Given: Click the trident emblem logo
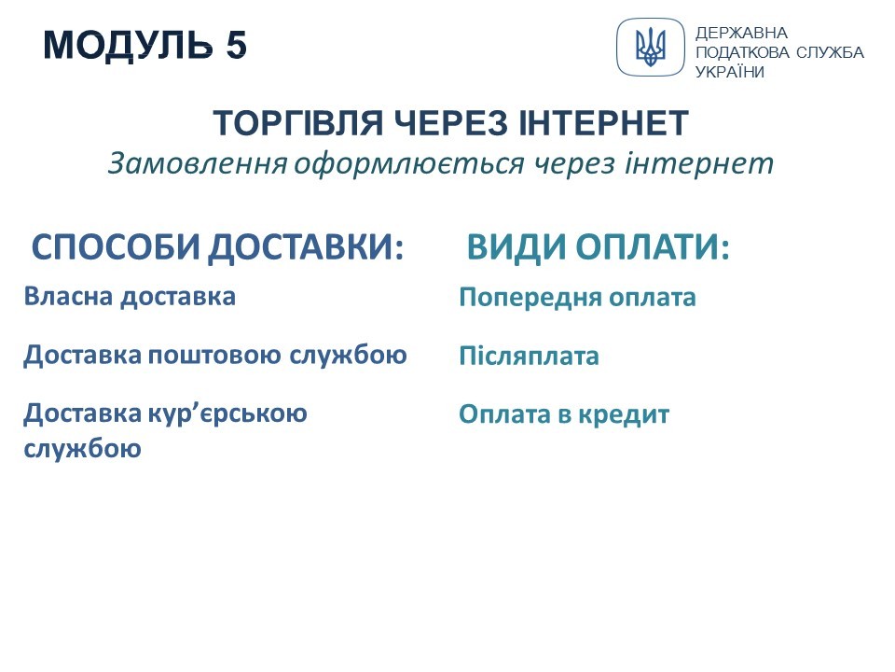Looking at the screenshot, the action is (x=650, y=47).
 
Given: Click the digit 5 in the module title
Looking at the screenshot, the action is (x=236, y=45).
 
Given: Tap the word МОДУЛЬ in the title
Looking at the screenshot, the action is (x=128, y=45).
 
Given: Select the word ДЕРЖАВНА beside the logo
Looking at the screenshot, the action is (x=741, y=34).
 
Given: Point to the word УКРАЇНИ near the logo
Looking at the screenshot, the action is (x=729, y=72).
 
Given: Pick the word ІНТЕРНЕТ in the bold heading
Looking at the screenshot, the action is (x=603, y=123).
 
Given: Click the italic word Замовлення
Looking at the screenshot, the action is (x=198, y=163).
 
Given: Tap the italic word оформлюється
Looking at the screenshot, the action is (x=408, y=164).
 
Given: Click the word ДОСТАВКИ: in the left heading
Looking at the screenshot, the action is (x=306, y=248).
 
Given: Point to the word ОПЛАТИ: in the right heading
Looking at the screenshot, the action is (x=653, y=247).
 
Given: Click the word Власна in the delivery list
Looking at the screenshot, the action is (x=68, y=297).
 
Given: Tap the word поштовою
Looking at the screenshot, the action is (x=214, y=355).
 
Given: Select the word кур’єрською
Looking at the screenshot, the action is (x=227, y=413).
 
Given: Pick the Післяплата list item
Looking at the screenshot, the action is (x=530, y=356).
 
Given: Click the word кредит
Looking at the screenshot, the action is (x=624, y=414).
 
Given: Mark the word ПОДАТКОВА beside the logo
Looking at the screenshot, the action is (x=743, y=52).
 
